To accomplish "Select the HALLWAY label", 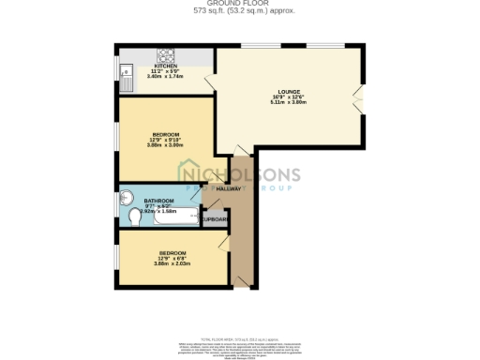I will [x=228, y=189].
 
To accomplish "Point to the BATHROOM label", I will [x=157, y=202].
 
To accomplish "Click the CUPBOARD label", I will [x=216, y=219].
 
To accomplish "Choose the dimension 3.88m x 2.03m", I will [x=172, y=263].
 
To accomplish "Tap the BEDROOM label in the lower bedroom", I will [x=172, y=253].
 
